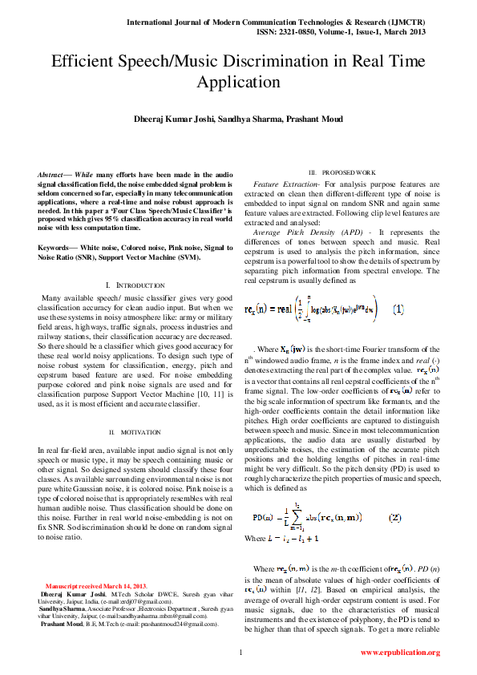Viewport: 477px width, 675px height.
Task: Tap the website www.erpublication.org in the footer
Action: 399,653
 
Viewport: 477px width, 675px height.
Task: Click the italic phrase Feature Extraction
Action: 281,185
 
